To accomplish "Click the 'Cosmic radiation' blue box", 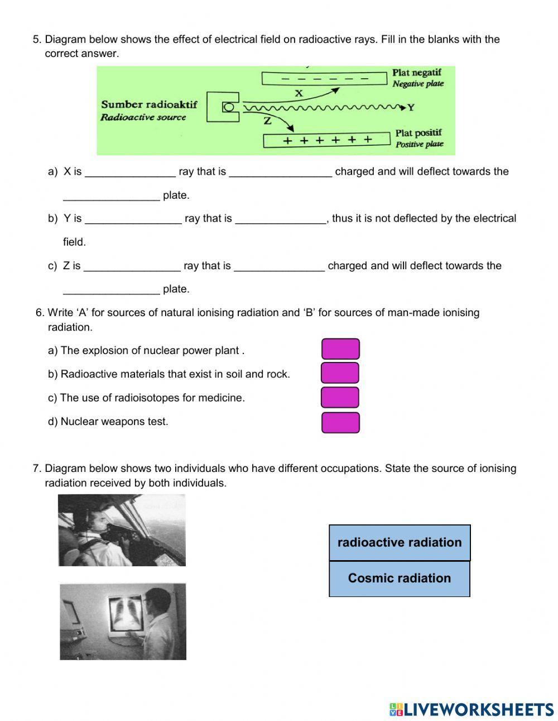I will tap(399, 579).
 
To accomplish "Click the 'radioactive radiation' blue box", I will tap(400, 542).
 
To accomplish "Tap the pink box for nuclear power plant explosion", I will tap(340, 349).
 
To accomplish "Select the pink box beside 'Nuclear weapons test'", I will tap(340, 423).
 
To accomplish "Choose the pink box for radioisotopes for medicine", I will tap(340, 397).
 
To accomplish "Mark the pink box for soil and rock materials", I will tap(340, 373).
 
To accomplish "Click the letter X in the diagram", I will tap(299, 93).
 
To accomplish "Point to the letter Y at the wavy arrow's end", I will tap(411, 107).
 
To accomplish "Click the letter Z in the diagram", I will tap(267, 120).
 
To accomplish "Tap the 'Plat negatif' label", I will tap(417, 73).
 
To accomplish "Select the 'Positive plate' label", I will tap(420, 144).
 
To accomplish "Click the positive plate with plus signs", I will tap(326, 140).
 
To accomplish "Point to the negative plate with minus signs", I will tap(325, 78).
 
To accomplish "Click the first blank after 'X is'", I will tap(129, 172).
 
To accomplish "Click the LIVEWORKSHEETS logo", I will tap(472, 709).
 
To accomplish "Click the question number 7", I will tap(36, 469).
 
